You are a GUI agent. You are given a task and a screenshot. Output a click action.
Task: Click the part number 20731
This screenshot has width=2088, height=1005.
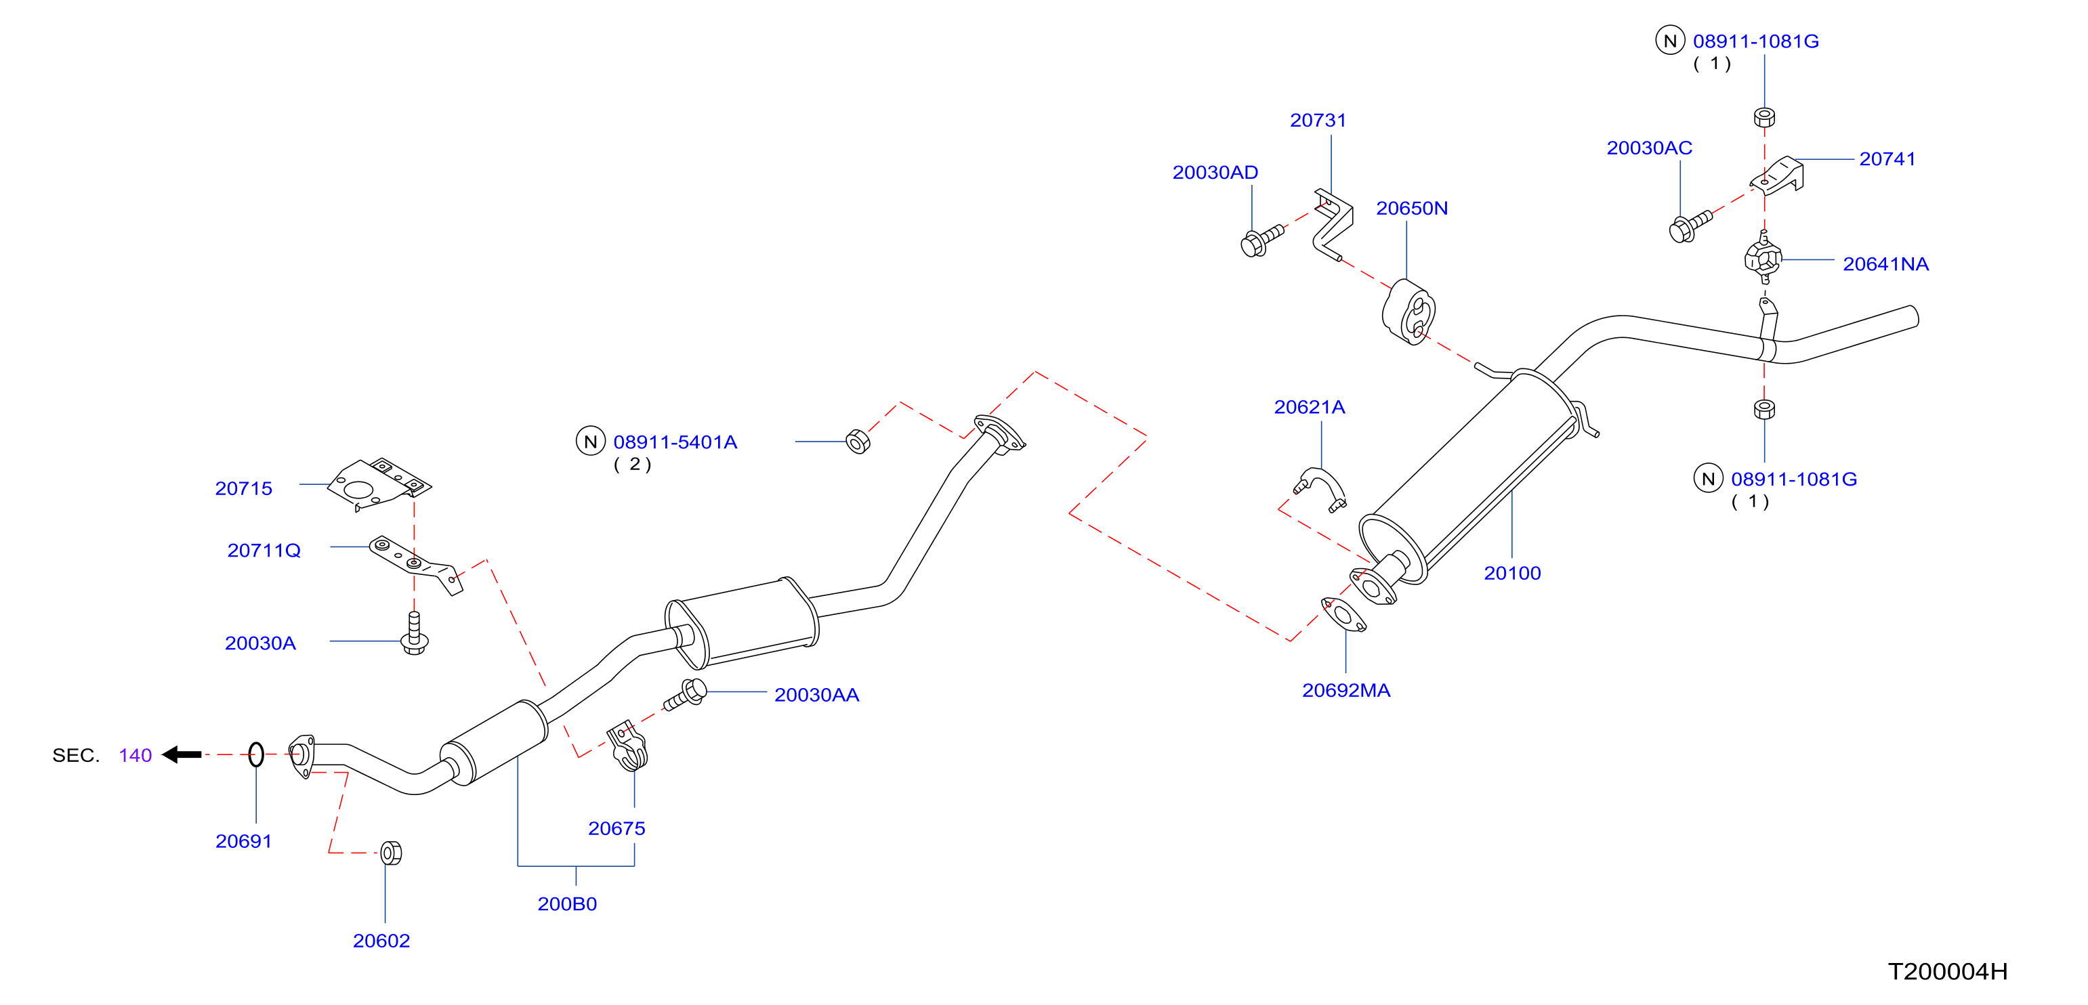(1317, 120)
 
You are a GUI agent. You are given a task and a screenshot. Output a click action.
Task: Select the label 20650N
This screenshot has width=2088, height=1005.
(1411, 209)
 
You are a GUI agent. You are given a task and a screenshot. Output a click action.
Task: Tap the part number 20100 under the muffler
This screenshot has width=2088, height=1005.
(1511, 573)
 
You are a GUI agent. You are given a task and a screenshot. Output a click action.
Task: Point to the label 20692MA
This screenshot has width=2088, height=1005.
(1345, 691)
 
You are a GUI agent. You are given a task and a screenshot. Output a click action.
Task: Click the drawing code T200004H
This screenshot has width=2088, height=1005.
(1947, 971)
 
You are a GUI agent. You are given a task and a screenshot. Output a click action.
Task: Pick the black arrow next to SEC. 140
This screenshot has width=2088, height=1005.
(182, 754)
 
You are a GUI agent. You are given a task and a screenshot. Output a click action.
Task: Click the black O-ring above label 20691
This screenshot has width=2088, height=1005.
(256, 754)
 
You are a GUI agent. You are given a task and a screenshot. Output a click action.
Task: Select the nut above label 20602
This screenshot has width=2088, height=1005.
(391, 853)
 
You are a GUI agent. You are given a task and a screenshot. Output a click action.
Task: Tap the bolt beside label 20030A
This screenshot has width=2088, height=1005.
(414, 633)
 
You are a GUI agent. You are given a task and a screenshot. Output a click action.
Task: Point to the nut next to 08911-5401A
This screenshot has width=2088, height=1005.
(858, 442)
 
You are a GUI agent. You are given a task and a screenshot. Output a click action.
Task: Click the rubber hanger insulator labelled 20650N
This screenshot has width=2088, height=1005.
(1408, 313)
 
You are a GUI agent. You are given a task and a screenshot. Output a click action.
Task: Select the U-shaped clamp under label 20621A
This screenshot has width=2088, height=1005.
(1320, 489)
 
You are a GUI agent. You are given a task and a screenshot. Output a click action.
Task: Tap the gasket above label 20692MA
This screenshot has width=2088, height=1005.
(1344, 615)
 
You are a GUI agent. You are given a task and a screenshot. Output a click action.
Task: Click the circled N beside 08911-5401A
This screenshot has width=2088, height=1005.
(590, 442)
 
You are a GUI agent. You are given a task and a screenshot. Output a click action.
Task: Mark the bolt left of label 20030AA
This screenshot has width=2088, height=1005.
(685, 696)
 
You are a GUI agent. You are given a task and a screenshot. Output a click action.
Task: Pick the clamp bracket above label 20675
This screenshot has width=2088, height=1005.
(627, 746)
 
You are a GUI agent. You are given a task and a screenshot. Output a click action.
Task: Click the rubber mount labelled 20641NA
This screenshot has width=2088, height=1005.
(1762, 258)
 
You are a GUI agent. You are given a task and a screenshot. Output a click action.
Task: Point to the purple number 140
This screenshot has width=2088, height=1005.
(135, 755)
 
